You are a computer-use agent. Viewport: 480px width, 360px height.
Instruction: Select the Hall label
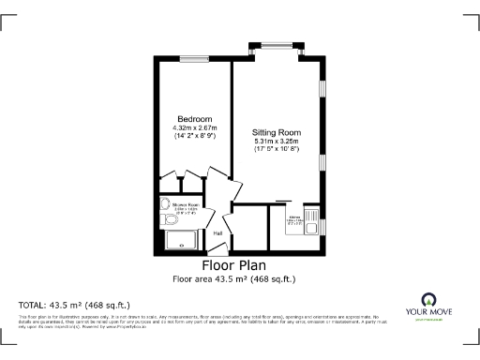217,233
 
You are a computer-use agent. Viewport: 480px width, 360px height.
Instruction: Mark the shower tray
180,241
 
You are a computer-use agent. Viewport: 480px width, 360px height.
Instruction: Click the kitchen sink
318,224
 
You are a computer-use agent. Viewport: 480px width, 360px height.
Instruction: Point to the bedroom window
194,58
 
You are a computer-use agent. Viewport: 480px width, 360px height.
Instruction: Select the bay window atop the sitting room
276,44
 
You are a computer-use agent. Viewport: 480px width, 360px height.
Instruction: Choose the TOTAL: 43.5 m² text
74,305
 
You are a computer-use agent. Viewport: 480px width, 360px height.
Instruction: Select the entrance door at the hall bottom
217,252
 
